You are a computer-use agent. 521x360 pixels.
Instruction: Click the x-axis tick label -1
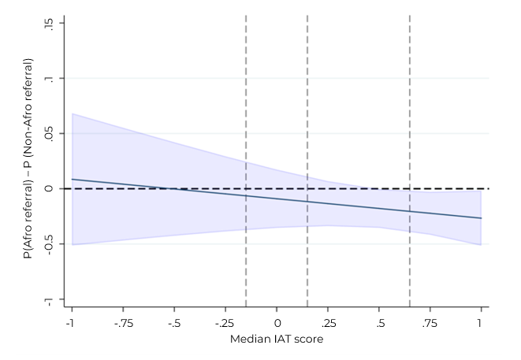tap(71, 323)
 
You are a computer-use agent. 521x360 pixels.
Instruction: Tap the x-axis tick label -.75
tap(122, 323)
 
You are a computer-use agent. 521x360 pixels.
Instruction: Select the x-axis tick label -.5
tap(173, 323)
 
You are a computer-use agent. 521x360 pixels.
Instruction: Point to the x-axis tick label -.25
tap(225, 323)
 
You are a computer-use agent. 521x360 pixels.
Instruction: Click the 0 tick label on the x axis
tap(277, 323)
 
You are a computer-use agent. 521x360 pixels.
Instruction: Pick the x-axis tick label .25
tap(328, 323)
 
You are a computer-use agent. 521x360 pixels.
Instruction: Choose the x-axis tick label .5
tap(379, 323)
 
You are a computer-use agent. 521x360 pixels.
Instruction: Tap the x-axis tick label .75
tap(430, 323)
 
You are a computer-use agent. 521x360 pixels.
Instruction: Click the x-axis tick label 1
tap(481, 323)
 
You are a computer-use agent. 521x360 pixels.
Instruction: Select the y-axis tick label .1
tap(50, 79)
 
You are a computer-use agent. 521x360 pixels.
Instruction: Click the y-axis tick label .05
tap(50, 134)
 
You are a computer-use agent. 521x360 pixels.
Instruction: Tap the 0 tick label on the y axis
tap(50, 189)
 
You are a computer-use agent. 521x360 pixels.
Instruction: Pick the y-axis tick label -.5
tap(50, 244)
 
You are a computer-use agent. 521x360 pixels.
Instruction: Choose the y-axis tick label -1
tap(50, 300)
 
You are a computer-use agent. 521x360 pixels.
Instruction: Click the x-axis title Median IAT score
tap(277, 340)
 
